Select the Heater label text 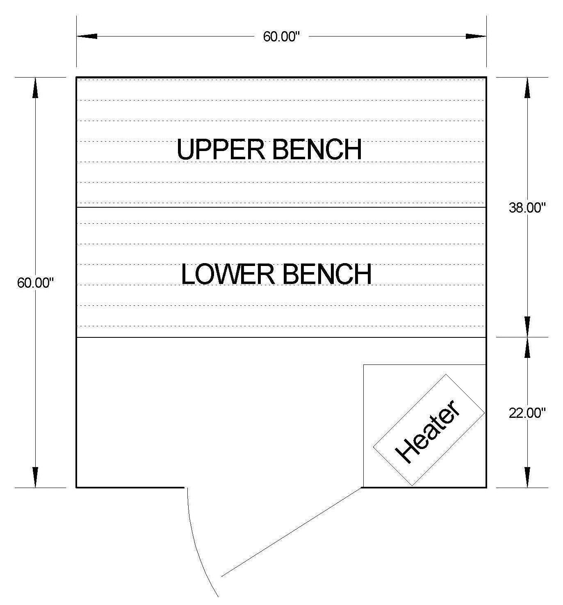point(427,431)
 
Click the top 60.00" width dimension point(282,37)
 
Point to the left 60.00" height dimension point(35,283)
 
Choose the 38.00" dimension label point(527,208)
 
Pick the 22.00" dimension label point(527,413)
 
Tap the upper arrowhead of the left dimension point(35,87)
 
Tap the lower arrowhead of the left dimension point(35,477)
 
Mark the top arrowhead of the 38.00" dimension point(527,87)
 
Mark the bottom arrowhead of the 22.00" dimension point(527,477)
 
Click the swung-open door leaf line point(291,532)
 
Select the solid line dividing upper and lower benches point(281,207)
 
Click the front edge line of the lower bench point(281,337)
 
